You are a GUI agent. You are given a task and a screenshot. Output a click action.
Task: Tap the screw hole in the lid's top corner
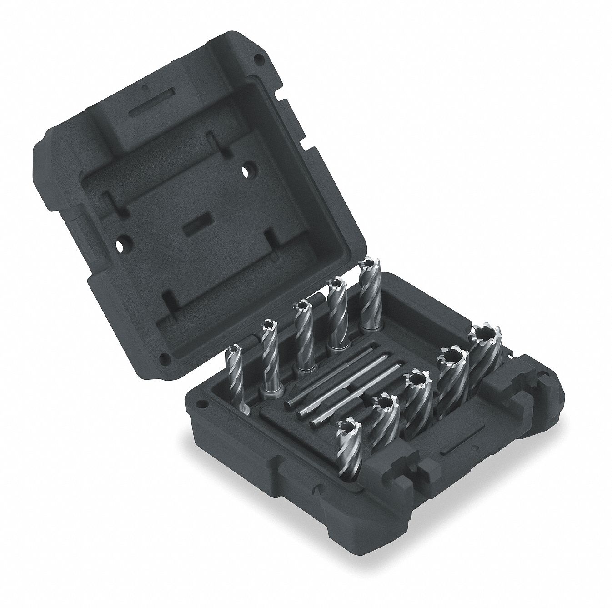[x=259, y=59]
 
